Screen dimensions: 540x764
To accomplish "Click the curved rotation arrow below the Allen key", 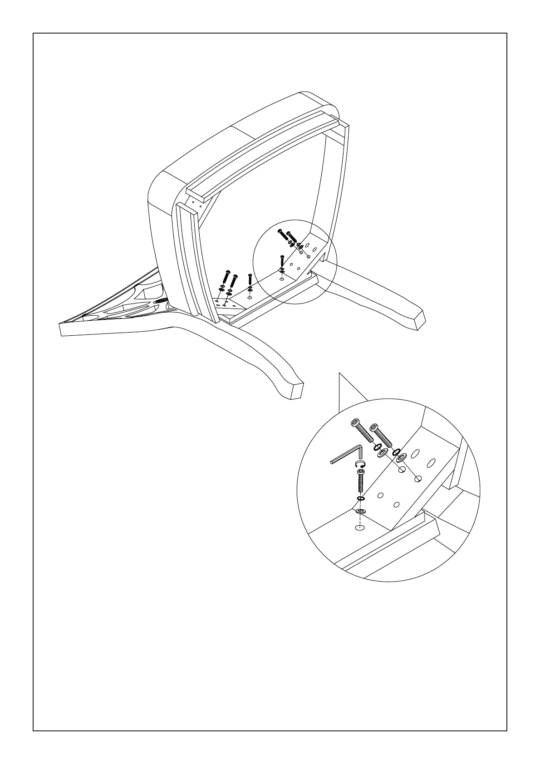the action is (360, 464).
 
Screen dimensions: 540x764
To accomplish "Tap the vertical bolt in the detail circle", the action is (361, 482).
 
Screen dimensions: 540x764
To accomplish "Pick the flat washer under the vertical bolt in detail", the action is (361, 512).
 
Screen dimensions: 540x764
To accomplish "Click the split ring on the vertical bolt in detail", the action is (361, 499).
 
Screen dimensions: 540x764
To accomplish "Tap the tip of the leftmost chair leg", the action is (62, 329).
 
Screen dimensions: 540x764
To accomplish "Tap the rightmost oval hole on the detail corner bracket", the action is (431, 463).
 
